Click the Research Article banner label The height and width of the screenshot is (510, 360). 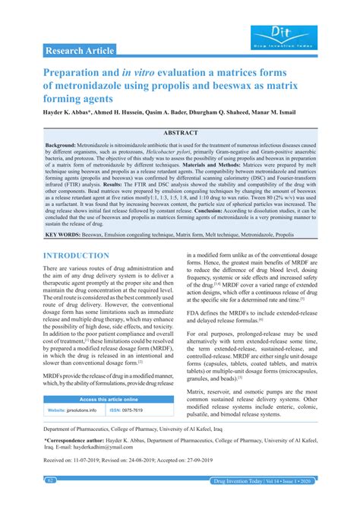80,51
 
